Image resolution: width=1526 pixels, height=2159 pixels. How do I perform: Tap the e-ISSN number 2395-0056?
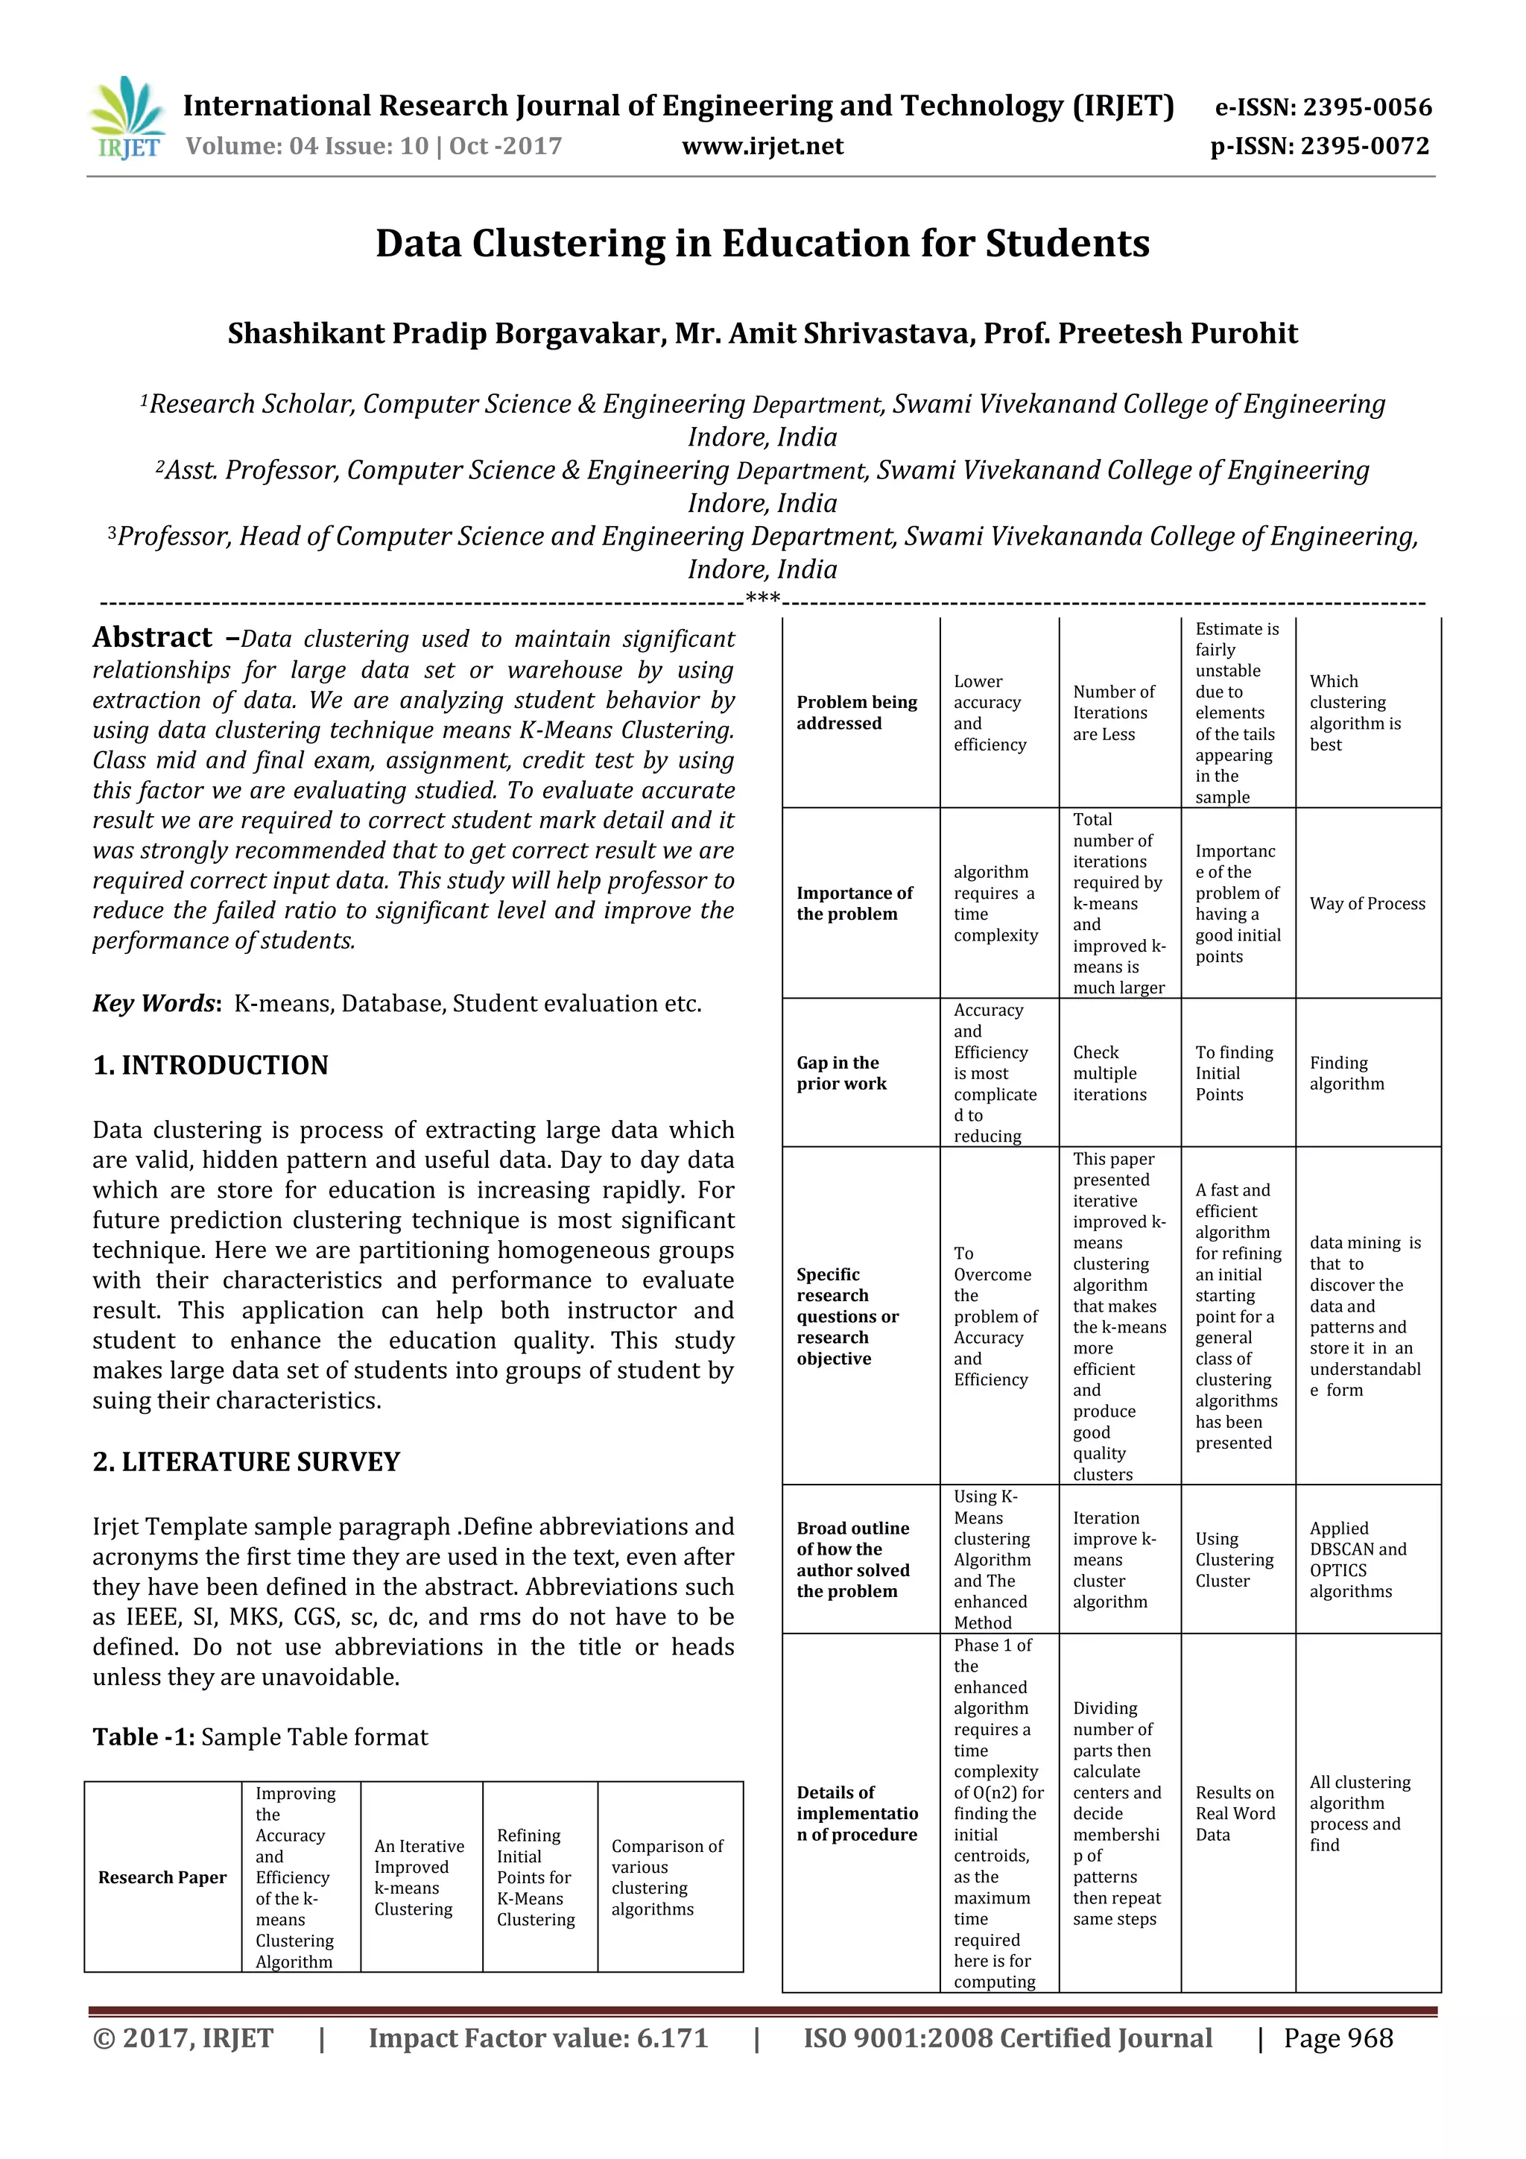coord(1323,107)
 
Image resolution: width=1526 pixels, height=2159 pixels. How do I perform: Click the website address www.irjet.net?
coord(762,146)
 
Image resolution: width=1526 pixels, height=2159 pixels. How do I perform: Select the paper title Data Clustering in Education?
coord(762,244)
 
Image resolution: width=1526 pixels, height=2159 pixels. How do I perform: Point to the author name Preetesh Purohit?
coord(1178,333)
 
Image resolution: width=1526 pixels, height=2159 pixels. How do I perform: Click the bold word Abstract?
coord(152,637)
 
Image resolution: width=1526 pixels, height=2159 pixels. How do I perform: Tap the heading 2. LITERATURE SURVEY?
coord(247,1461)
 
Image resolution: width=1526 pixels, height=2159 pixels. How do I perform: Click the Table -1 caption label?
coord(144,1736)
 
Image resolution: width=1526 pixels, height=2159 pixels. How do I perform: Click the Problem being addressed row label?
coord(857,712)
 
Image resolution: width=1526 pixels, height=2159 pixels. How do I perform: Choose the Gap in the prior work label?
coord(841,1073)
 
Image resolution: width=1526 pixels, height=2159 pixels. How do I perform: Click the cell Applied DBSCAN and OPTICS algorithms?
coord(1358,1559)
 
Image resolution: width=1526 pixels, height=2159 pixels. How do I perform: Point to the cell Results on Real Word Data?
coord(1235,1813)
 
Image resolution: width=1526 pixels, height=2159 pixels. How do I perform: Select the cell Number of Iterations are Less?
coord(1113,712)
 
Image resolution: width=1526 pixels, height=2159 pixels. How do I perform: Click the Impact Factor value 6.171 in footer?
coord(538,2038)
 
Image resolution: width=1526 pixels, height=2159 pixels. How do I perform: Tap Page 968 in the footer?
coord(1338,2038)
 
